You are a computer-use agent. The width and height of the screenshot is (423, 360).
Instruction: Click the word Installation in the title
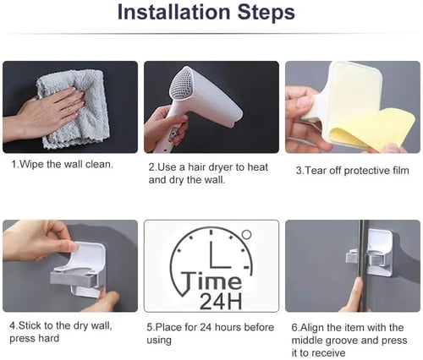coord(173,12)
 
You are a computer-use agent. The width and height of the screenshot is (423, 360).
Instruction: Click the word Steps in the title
coord(266,13)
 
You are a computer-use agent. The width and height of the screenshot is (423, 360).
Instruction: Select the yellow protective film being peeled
coord(372,128)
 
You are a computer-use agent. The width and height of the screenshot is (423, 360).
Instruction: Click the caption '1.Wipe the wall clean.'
coord(62,164)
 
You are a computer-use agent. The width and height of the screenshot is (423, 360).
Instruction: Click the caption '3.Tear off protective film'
coord(352,171)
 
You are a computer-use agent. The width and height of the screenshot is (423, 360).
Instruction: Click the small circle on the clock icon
coord(246,234)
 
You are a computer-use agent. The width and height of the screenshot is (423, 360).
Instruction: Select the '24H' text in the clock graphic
coord(221,302)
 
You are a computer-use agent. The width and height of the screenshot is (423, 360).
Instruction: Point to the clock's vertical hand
coord(211,248)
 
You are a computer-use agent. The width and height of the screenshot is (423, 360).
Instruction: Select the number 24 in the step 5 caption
coord(206,327)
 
